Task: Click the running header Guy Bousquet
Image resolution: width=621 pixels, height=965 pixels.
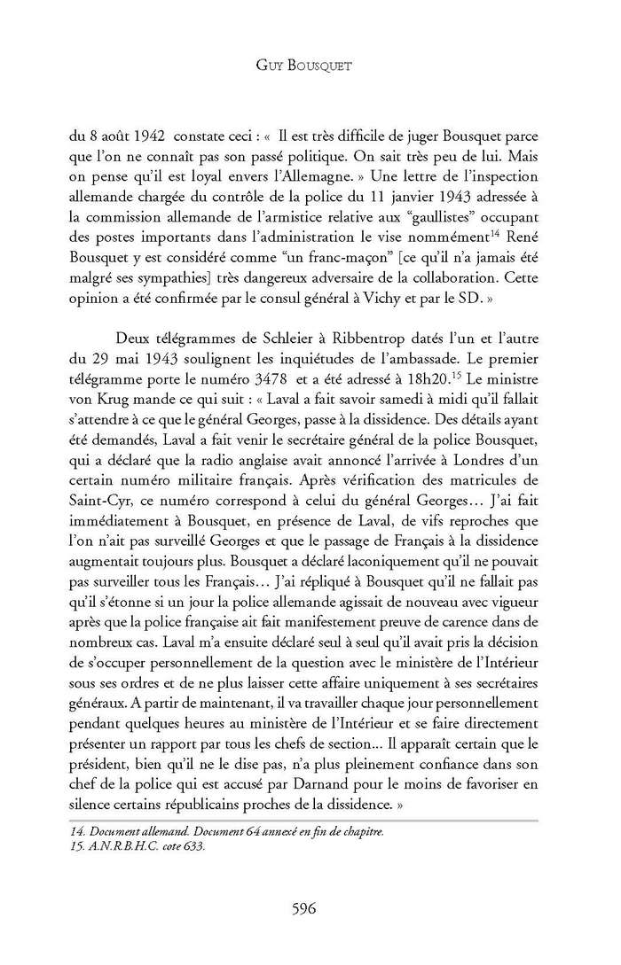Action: [x=310, y=65]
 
